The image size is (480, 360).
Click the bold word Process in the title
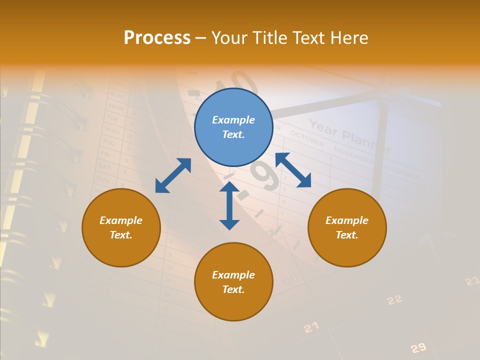[x=157, y=38]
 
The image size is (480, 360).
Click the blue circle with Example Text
[x=233, y=127]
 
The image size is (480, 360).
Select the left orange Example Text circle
[x=121, y=227]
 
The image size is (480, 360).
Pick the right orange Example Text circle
[x=347, y=227]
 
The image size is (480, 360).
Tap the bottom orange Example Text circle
[x=233, y=282]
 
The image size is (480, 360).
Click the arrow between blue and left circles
[x=173, y=175]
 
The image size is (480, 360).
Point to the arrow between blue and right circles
[x=293, y=170]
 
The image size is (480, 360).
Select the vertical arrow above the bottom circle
[x=229, y=205]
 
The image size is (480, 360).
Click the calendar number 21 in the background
[x=311, y=327]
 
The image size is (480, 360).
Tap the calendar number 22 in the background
[x=394, y=299]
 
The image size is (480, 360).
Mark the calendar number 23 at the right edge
[x=472, y=281]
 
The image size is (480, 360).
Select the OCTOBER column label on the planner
[x=307, y=138]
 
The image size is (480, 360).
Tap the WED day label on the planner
[x=112, y=131]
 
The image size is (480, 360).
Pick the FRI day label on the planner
[x=106, y=154]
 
